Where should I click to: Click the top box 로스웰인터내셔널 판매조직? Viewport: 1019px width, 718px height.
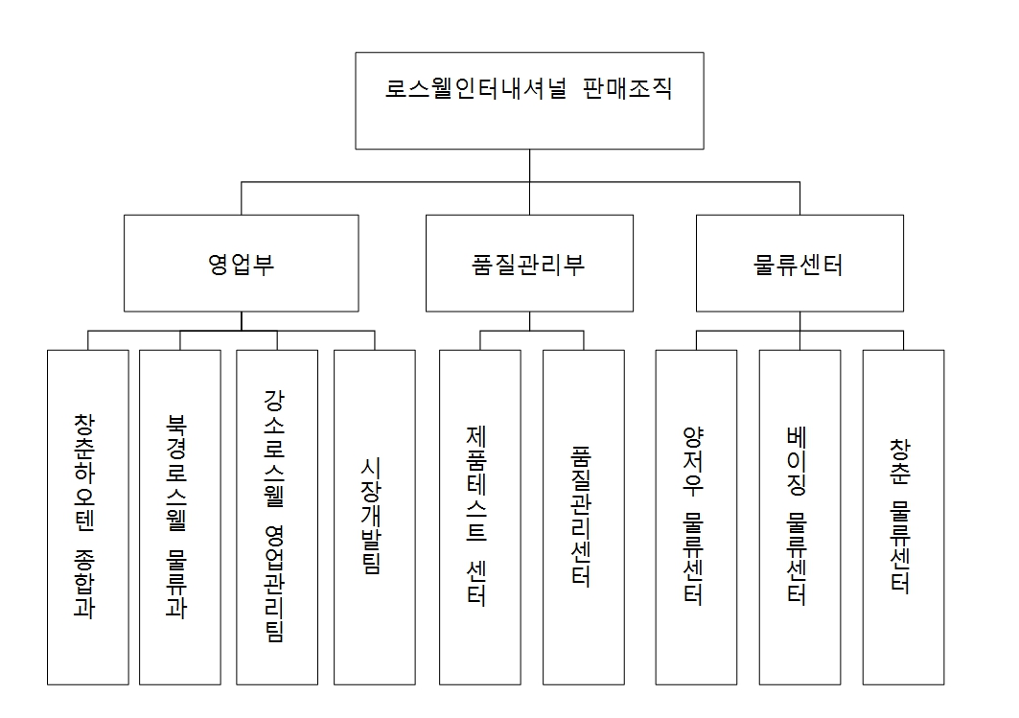529,101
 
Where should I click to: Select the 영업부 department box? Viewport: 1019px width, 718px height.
242,264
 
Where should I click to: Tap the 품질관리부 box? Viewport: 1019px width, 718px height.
529,264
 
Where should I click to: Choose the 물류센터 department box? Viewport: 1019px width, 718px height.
799,264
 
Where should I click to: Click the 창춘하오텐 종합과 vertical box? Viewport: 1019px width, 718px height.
88,517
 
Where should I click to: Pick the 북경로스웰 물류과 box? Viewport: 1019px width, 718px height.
180,517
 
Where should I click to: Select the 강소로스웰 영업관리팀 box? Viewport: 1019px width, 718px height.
277,517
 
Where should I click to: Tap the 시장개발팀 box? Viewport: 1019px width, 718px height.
375,517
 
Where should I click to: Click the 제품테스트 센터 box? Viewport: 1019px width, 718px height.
480,517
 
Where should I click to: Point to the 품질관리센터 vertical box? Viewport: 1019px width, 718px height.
583,517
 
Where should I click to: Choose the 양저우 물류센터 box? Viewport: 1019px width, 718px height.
696,517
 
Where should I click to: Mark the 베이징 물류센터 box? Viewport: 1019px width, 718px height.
799,517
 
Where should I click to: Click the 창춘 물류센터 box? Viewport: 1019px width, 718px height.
903,517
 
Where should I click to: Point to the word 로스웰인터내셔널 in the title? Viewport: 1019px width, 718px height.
476,91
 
